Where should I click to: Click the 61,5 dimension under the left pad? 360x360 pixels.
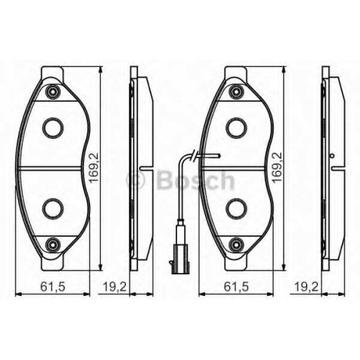pos(53,287)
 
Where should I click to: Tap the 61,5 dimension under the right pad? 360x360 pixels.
pos(236,287)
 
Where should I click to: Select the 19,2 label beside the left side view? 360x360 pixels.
pos(114,287)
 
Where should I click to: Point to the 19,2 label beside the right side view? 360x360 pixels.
pos(306,287)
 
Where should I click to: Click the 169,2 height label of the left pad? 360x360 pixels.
pos(94,167)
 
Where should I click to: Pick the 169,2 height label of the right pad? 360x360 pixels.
pos(278,167)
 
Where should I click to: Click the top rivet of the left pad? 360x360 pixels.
pos(53,91)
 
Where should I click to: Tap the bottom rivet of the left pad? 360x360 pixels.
pos(53,244)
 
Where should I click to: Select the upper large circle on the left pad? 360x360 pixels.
pos(53,127)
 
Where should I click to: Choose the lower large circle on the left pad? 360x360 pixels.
pos(53,209)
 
